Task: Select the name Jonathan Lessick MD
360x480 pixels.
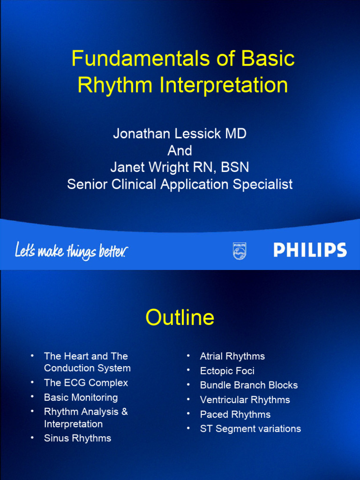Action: pos(180,134)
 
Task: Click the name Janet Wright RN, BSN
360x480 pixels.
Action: pos(180,167)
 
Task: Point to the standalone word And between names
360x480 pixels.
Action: pos(180,150)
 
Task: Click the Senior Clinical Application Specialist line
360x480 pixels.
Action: pos(180,184)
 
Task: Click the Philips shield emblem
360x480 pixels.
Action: pos(240,251)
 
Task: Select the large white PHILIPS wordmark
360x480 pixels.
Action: pos(310,250)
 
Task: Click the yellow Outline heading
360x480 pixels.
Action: pos(180,318)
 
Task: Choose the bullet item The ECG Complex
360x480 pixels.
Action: pos(86,382)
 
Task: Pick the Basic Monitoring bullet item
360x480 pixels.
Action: pos(81,397)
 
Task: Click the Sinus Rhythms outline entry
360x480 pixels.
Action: pos(77,438)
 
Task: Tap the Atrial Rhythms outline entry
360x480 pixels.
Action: pos(232,356)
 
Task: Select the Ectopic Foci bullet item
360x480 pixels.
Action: pos(227,371)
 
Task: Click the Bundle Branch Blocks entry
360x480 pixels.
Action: pos(248,385)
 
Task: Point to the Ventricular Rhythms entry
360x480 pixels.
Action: pos(245,400)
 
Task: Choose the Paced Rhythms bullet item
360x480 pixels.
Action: pos(235,414)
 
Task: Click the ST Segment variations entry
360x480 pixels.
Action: pos(250,428)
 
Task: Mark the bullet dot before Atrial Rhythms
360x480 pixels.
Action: pos(188,356)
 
